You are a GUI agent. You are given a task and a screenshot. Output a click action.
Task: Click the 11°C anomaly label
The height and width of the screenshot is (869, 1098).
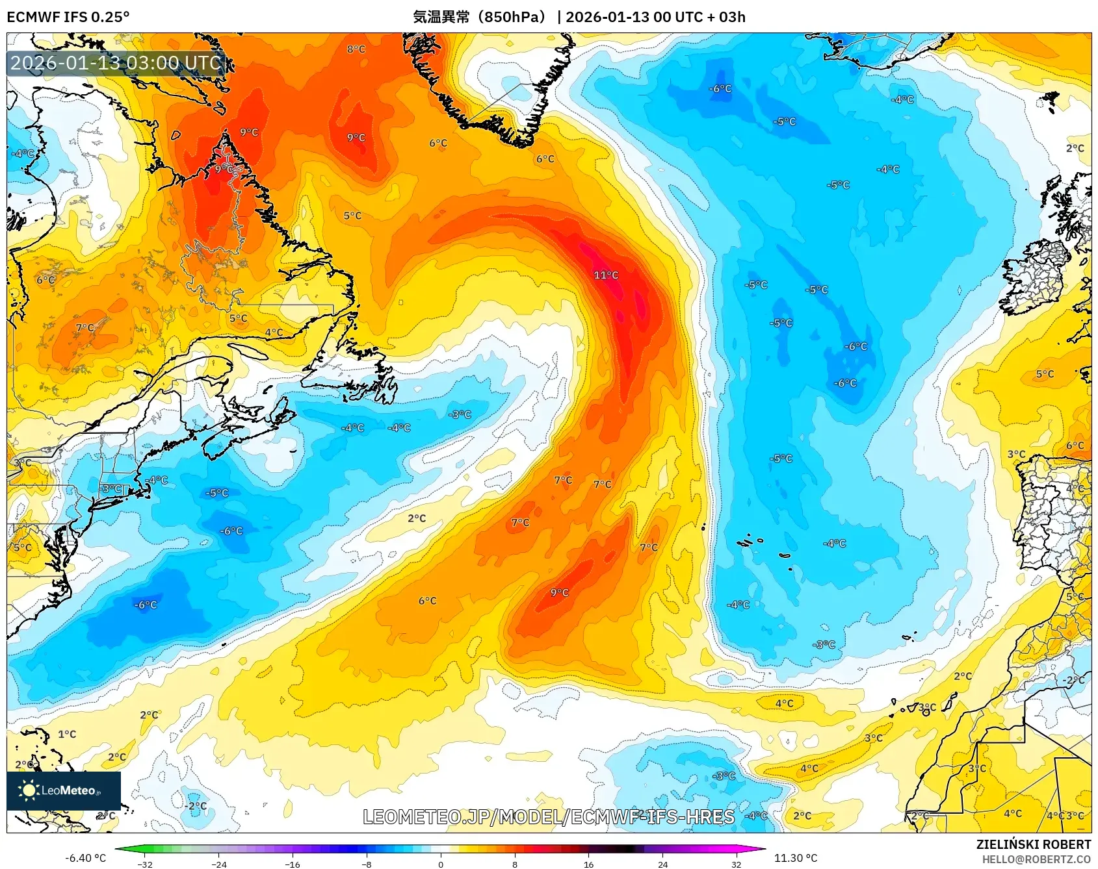(x=605, y=275)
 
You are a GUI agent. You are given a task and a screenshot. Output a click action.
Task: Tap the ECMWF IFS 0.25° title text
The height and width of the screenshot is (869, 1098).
(x=68, y=17)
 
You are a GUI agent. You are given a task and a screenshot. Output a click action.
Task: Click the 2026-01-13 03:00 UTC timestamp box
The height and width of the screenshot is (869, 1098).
(x=116, y=63)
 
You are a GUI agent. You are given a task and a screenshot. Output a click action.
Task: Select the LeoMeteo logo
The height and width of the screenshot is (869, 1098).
(x=64, y=790)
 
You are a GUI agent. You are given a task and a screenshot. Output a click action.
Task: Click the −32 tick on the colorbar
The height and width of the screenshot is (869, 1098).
(x=145, y=864)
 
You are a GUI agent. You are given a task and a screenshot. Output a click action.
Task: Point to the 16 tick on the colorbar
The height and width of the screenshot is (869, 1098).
(x=588, y=864)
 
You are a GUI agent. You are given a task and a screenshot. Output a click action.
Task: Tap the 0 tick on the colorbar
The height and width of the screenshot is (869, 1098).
(x=441, y=864)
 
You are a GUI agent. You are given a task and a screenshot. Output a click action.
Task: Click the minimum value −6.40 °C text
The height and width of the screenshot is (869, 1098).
(x=85, y=858)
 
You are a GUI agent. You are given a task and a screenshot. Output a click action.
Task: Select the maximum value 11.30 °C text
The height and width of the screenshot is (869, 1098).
(x=796, y=858)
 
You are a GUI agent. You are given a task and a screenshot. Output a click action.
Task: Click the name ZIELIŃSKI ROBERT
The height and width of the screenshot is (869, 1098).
(x=1033, y=844)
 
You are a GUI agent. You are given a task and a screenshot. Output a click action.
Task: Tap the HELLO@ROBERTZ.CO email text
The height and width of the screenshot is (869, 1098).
(x=1036, y=859)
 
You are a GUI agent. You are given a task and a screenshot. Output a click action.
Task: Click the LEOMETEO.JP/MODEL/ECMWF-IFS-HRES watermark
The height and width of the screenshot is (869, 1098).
(x=548, y=817)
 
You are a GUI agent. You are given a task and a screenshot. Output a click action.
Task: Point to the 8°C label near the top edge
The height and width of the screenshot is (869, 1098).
(x=356, y=49)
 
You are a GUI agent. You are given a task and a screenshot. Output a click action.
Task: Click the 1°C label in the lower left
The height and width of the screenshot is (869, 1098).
(x=67, y=735)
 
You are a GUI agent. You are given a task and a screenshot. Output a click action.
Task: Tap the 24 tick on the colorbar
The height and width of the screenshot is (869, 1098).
(x=662, y=864)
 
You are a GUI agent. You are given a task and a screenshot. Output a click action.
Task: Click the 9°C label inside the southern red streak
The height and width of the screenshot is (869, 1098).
(x=559, y=592)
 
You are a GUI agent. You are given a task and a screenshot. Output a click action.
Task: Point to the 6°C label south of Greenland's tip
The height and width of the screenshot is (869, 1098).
(x=545, y=159)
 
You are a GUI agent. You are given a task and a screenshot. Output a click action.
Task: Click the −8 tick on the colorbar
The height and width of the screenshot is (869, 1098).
(x=367, y=864)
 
